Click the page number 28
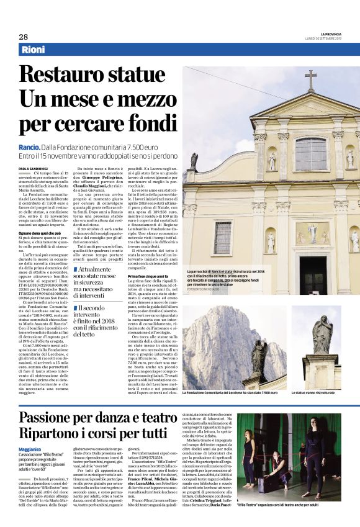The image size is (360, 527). [x=23, y=37]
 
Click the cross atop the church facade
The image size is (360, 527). [x=310, y=80]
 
